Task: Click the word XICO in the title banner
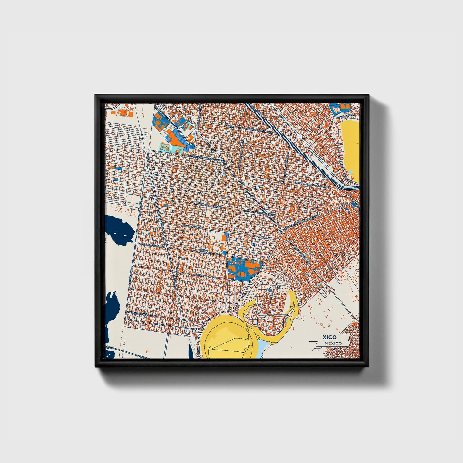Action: pyautogui.click(x=330, y=337)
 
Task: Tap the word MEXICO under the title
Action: pyautogui.click(x=333, y=343)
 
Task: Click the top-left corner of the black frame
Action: pyautogui.click(x=95, y=95)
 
